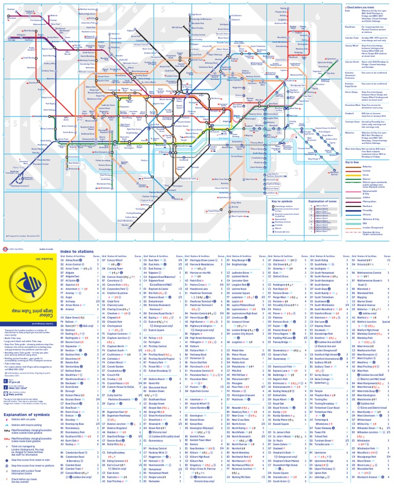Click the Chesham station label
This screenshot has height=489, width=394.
tap(11, 9)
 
